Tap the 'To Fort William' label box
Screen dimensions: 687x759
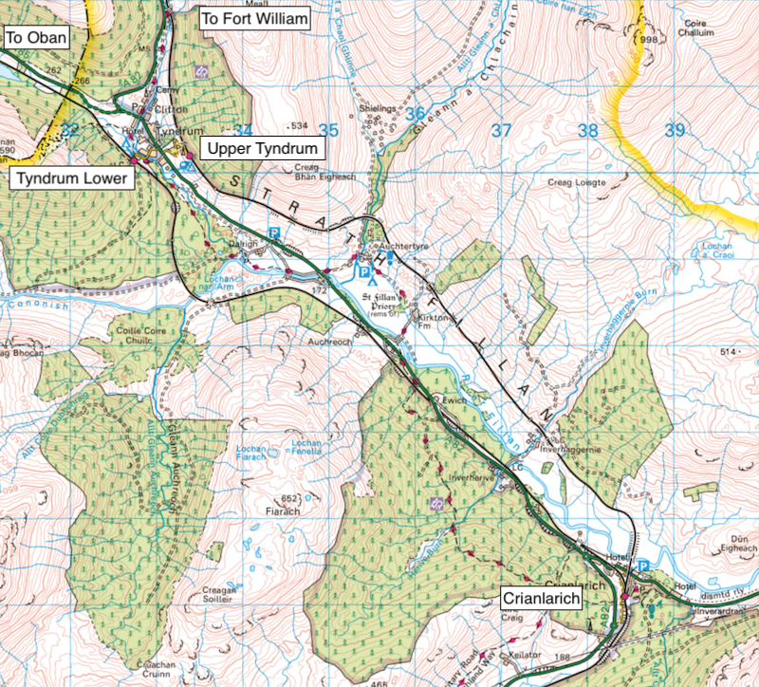coord(254,18)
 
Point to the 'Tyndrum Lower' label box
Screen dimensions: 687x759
coord(70,178)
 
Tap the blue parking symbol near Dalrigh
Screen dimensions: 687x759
coord(275,232)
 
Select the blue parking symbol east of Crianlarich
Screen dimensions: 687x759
coord(645,566)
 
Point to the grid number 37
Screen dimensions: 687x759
coord(502,130)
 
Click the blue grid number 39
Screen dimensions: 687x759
coord(674,130)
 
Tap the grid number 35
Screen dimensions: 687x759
coord(328,130)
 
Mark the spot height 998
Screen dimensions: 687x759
coord(649,41)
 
